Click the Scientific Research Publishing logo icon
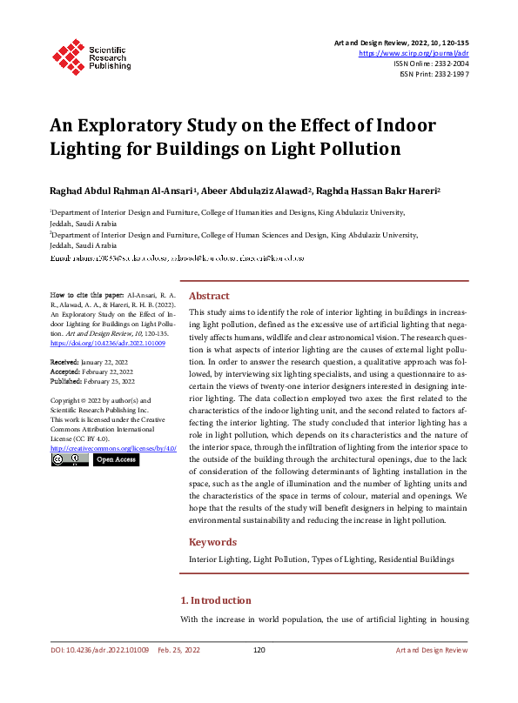pos(67,54)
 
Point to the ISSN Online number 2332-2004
pos(447,64)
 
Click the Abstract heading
pos(209,296)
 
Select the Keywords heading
pos(213,541)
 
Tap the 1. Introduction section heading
pos(215,600)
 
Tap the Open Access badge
pos(115,459)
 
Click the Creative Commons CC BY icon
pos(69,459)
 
